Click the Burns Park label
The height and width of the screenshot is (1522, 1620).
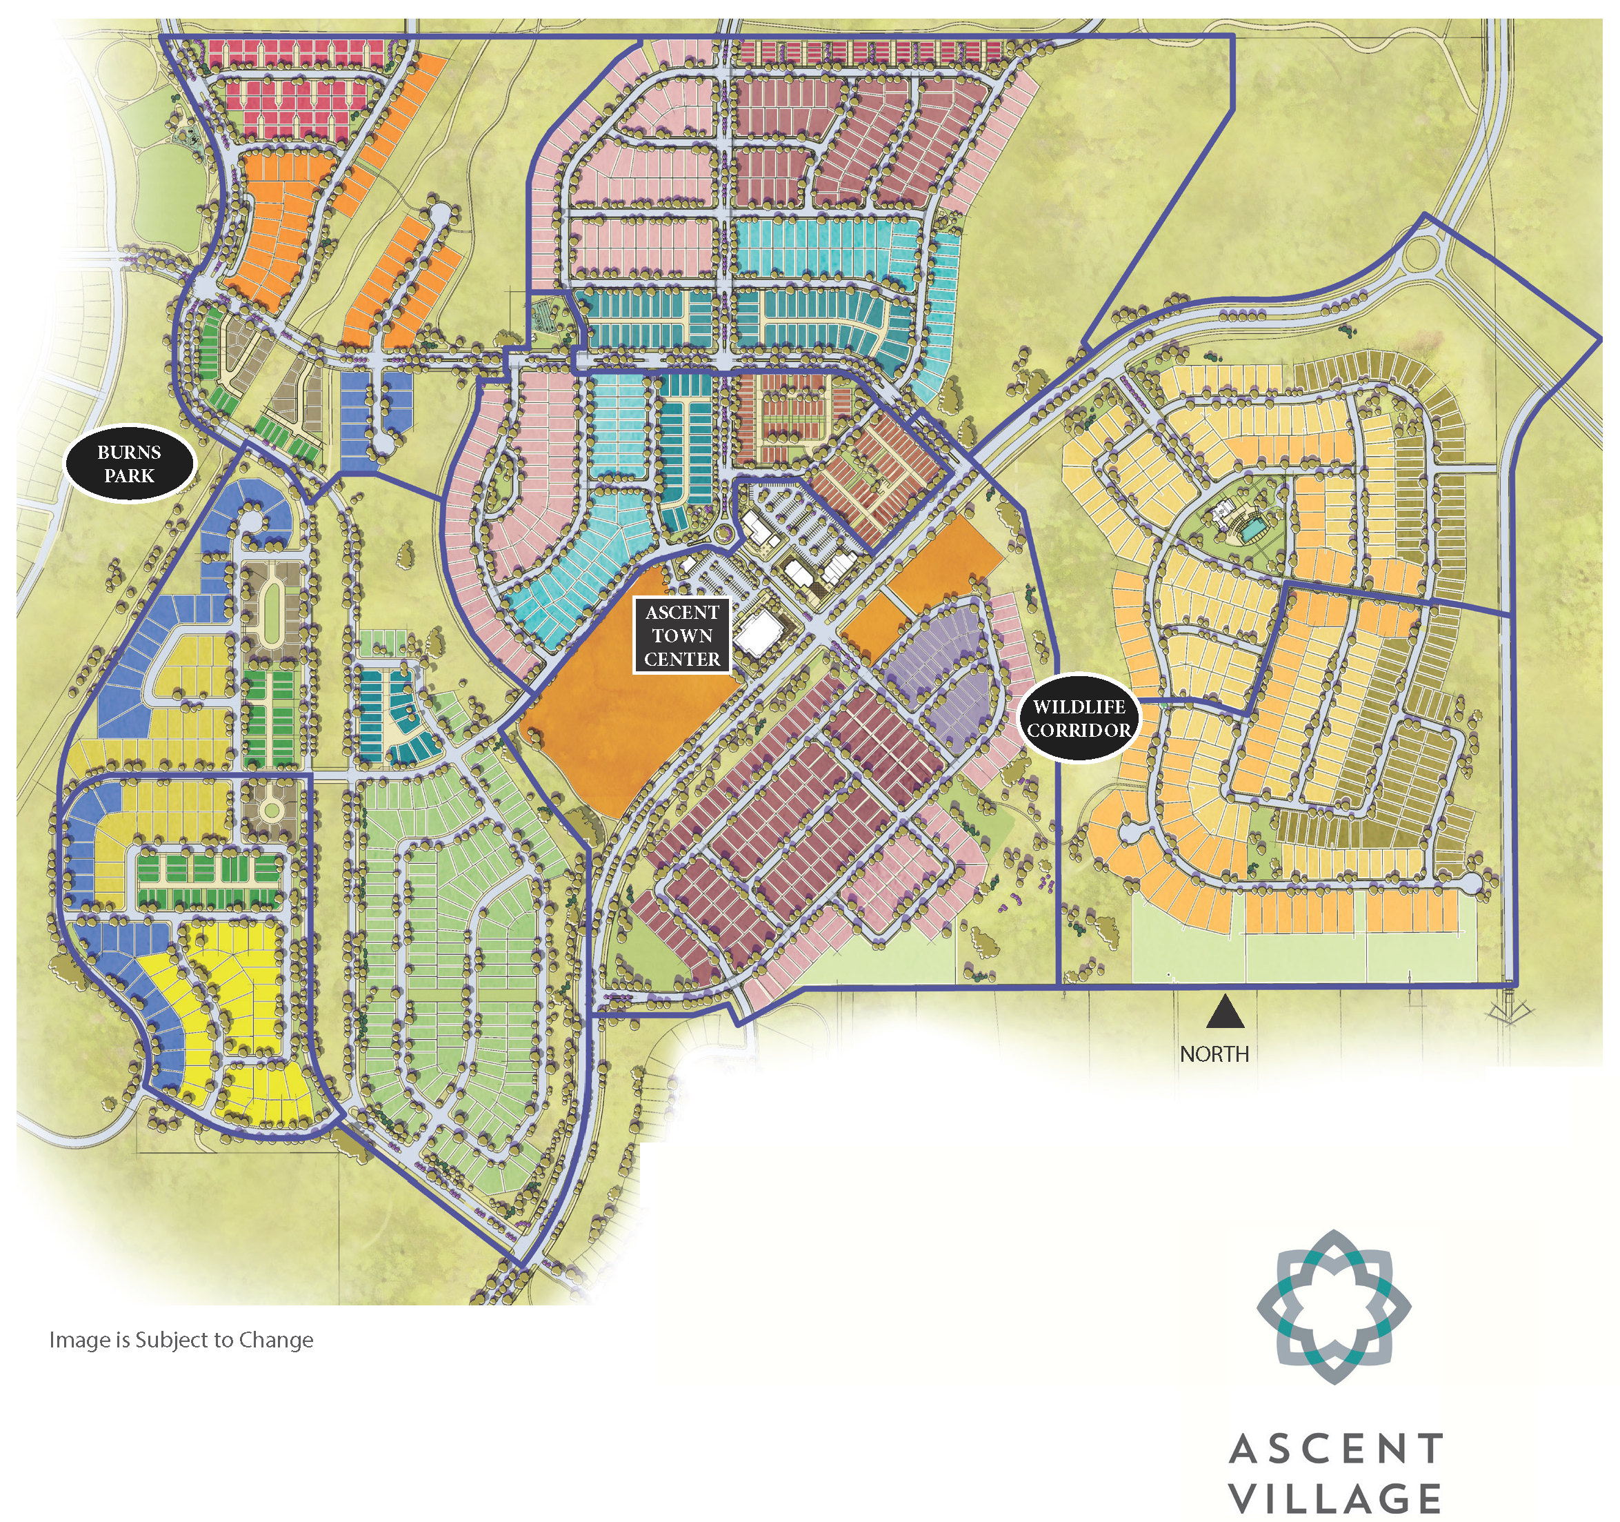coord(130,464)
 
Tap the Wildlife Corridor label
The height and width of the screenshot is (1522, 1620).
coord(1079,718)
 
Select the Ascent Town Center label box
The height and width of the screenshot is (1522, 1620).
coord(682,636)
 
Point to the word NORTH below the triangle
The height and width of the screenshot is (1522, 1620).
coord(1214,1054)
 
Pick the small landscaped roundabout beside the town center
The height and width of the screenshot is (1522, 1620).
coord(724,535)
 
